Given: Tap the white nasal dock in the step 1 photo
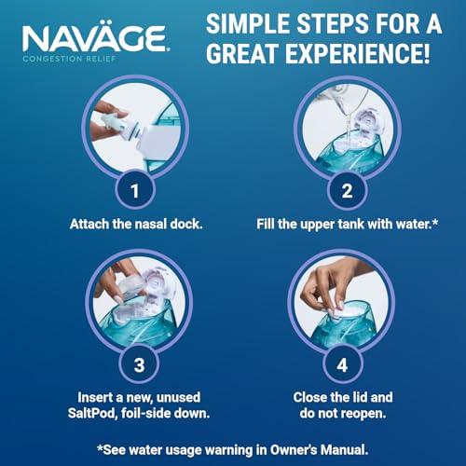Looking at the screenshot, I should click(116, 130).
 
